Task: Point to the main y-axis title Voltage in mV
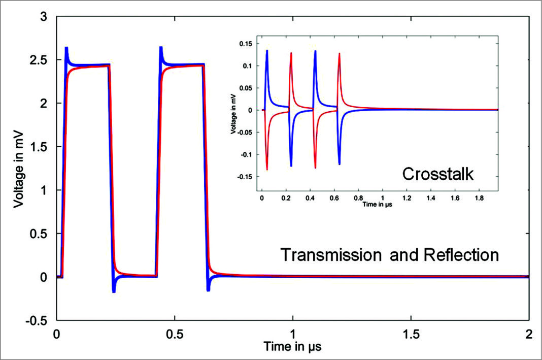pyautogui.click(x=19, y=168)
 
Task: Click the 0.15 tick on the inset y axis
pyautogui.click(x=246, y=44)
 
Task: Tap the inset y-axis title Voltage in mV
pyautogui.click(x=233, y=110)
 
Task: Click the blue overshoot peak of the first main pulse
pyautogui.click(x=66, y=49)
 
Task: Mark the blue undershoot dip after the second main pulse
pyautogui.click(x=209, y=289)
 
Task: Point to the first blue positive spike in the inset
pyautogui.click(x=267, y=51)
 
